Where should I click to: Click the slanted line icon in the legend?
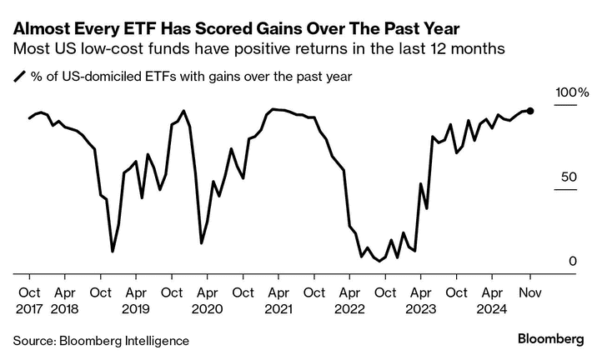[x=19, y=77]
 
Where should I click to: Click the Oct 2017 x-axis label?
[x=29, y=300]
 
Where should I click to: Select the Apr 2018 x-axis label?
[x=65, y=300]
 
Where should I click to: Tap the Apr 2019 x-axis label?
[x=136, y=300]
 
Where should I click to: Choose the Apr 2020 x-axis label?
[x=208, y=300]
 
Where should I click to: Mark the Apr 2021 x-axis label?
[x=279, y=300]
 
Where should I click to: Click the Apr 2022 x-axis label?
[x=350, y=300]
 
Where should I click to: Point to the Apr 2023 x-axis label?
[x=422, y=300]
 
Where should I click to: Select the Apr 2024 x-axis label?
[x=493, y=300]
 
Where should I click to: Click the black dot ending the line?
[x=531, y=111]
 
